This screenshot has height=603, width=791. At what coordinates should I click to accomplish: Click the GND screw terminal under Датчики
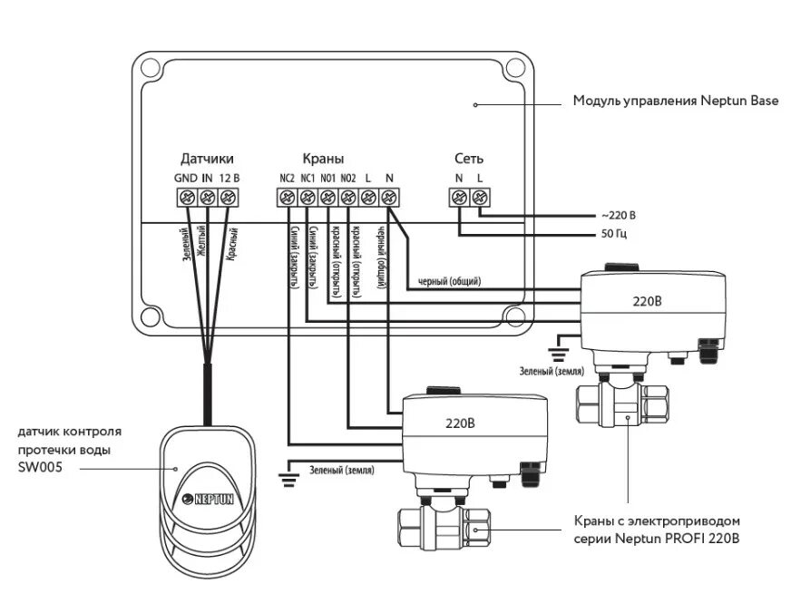pyautogui.click(x=187, y=197)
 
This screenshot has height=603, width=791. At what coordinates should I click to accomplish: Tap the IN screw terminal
pyautogui.click(x=207, y=197)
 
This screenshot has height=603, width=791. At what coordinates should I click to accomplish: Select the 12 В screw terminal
pyautogui.click(x=228, y=197)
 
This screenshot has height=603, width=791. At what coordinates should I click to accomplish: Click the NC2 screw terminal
pyautogui.click(x=287, y=197)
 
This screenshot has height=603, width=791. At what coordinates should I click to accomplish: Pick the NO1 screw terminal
pyautogui.click(x=327, y=197)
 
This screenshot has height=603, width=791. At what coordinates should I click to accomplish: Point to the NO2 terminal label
pyautogui.click(x=348, y=178)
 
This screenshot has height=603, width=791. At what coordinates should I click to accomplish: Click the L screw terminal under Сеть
pyautogui.click(x=480, y=197)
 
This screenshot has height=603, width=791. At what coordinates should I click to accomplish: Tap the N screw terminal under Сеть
pyautogui.click(x=459, y=197)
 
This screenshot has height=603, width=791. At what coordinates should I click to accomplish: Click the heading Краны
pyautogui.click(x=323, y=159)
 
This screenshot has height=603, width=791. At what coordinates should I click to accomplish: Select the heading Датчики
pyautogui.click(x=207, y=159)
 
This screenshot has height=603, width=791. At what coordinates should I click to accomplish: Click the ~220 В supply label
pyautogui.click(x=619, y=216)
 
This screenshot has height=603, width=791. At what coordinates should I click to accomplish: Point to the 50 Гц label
pyautogui.click(x=614, y=235)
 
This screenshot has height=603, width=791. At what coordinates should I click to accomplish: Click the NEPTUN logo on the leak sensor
pyautogui.click(x=208, y=499)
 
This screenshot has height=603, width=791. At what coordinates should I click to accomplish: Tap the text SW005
pyautogui.click(x=40, y=467)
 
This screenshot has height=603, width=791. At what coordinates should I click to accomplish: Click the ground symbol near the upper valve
pyautogui.click(x=559, y=354)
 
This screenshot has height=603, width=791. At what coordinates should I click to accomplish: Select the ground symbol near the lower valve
pyautogui.click(x=288, y=480)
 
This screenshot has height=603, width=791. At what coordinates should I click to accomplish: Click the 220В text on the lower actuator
pyautogui.click(x=460, y=423)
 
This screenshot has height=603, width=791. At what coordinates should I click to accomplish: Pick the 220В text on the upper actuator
pyautogui.click(x=647, y=301)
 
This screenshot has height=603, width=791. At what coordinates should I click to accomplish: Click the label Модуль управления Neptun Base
pyautogui.click(x=676, y=101)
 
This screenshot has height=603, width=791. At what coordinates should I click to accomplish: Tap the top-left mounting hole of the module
pyautogui.click(x=150, y=67)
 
